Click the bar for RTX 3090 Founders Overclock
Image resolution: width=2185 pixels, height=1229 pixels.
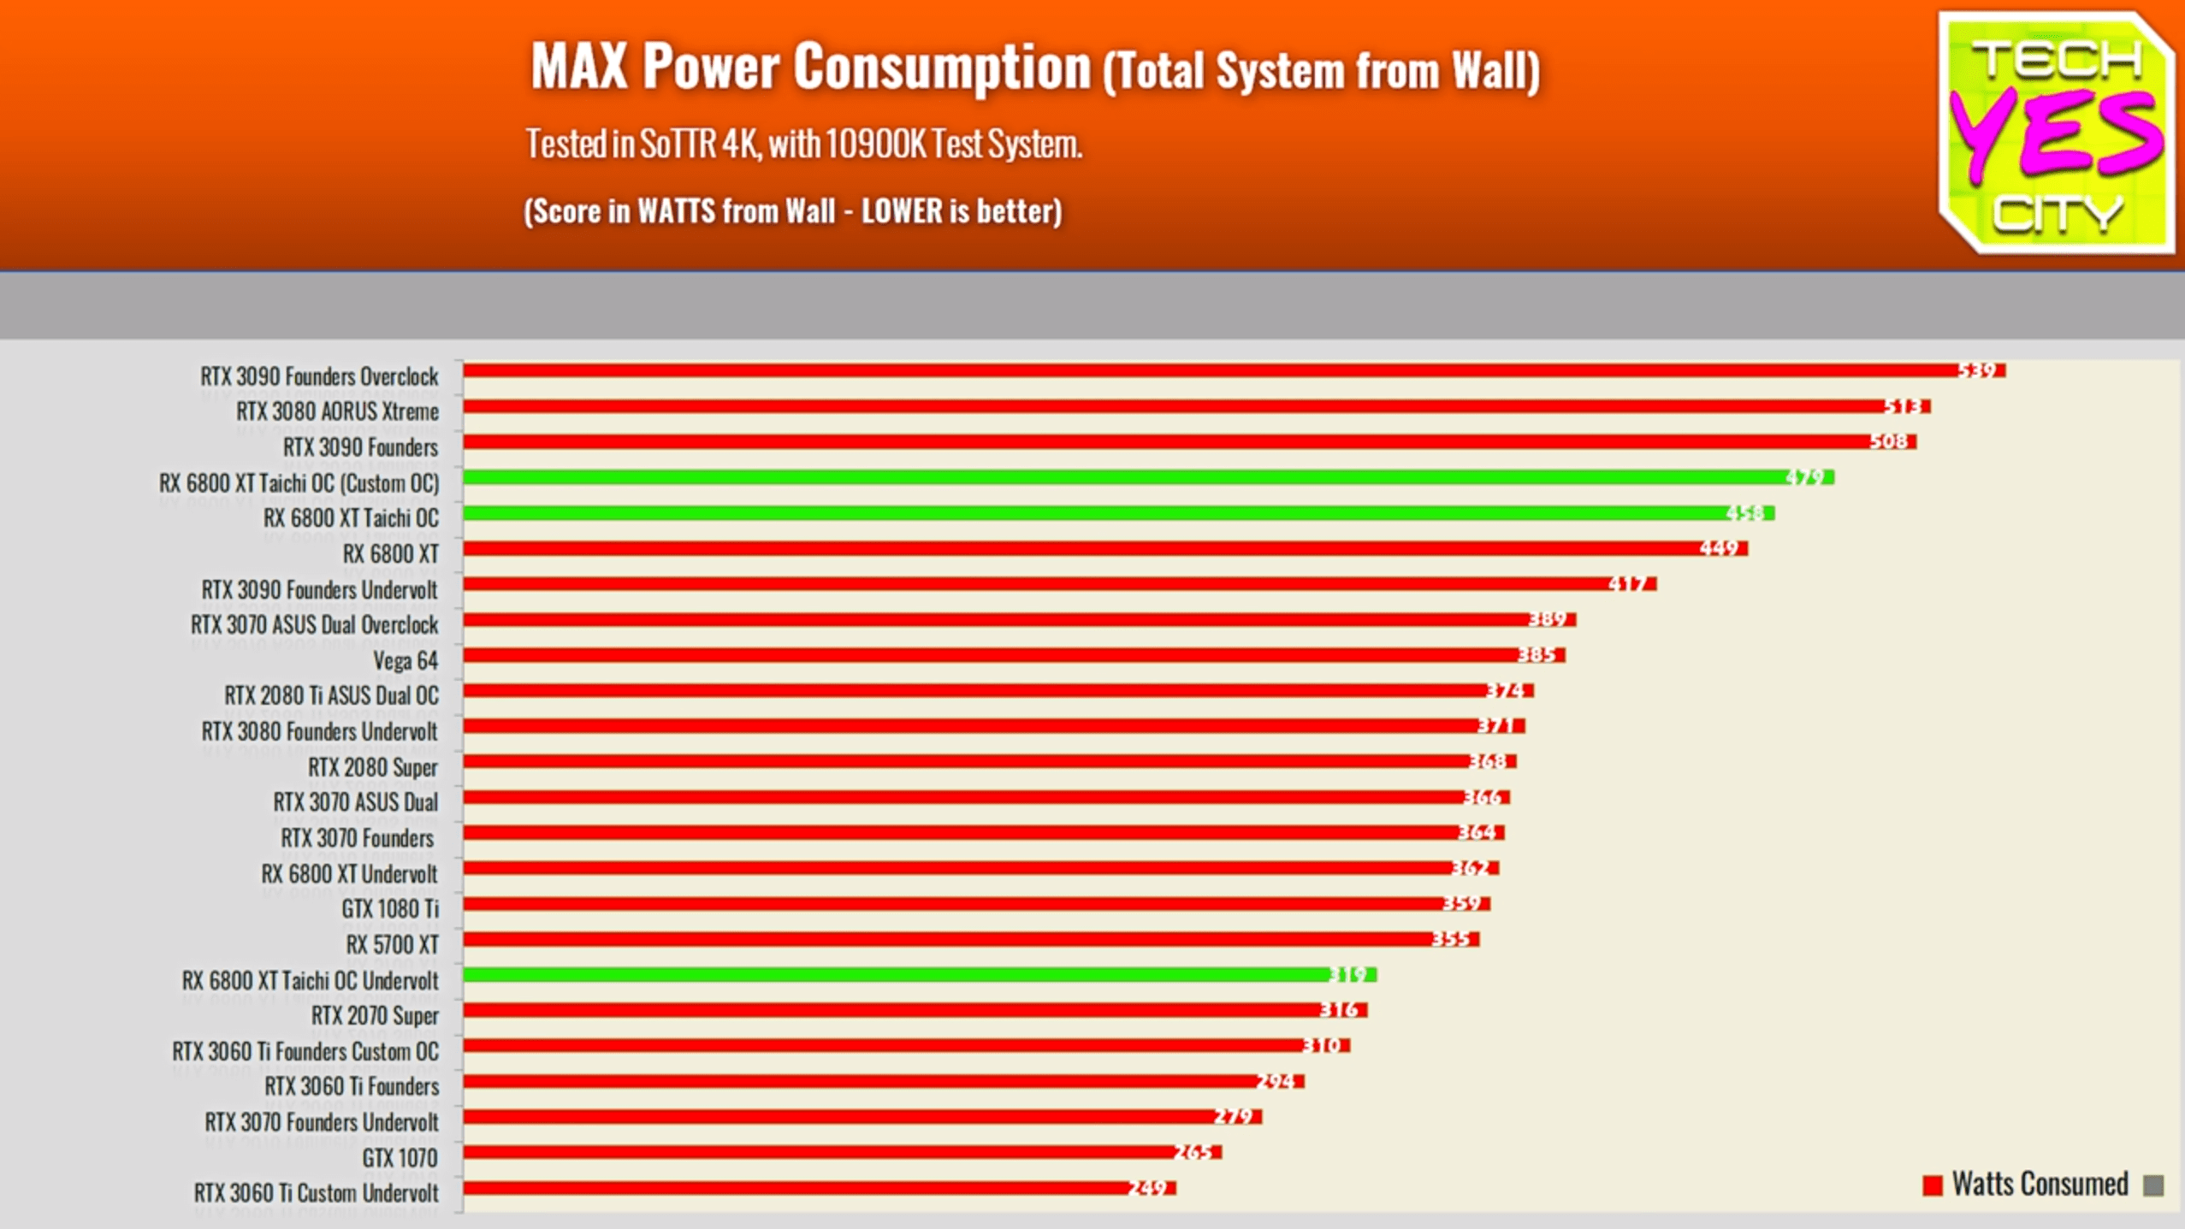[1198, 370]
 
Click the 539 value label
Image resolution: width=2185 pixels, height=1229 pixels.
[1977, 370]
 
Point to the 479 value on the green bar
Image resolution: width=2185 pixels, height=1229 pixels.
[1805, 477]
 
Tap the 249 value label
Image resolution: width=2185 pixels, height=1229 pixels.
[1147, 1188]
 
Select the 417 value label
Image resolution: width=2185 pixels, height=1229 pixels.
[1627, 584]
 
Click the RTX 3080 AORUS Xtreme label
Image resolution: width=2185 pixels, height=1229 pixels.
[337, 411]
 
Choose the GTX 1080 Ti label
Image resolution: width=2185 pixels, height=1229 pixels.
[390, 909]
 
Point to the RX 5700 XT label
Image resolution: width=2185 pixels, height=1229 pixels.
[392, 945]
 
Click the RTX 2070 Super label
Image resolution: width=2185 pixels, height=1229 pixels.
[375, 1016]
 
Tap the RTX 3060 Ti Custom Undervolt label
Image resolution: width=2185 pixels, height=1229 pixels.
[316, 1193]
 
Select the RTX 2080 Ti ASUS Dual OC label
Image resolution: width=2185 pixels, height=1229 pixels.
[331, 696]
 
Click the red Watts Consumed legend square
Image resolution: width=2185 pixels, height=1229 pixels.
[1932, 1186]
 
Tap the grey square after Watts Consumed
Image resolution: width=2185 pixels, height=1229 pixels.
[2153, 1186]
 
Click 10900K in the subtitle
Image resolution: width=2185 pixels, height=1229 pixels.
[875, 145]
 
